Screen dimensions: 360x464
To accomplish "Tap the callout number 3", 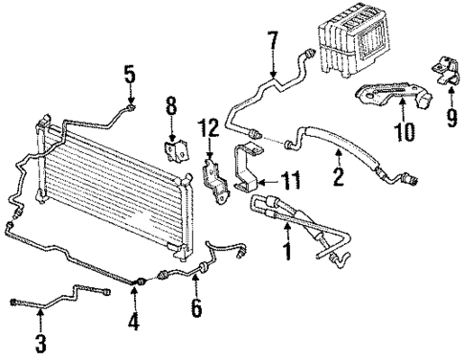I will pos(39,343).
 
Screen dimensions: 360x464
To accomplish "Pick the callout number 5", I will pos(129,74).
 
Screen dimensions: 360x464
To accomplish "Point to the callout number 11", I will pos(290,177).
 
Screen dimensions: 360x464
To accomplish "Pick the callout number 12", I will pos(212,127).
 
